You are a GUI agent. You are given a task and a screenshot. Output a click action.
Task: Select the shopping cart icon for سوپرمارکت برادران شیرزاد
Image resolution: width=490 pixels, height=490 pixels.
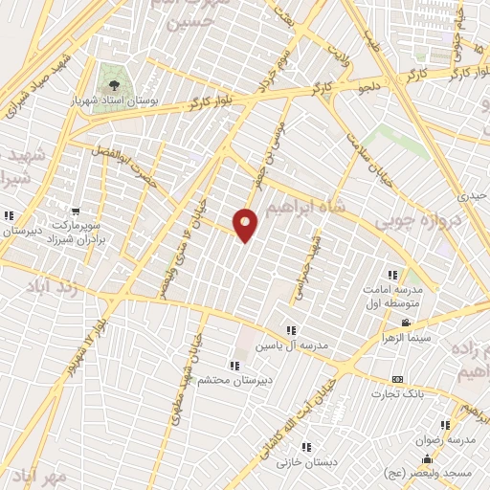(x=76, y=212)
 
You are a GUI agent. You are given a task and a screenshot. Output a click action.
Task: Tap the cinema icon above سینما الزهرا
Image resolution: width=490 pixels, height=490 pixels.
(x=408, y=322)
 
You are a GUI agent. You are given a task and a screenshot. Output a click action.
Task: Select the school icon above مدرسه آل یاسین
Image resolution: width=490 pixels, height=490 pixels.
(x=291, y=330)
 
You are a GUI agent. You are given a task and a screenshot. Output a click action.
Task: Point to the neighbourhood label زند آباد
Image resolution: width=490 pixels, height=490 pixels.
(x=33, y=287)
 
